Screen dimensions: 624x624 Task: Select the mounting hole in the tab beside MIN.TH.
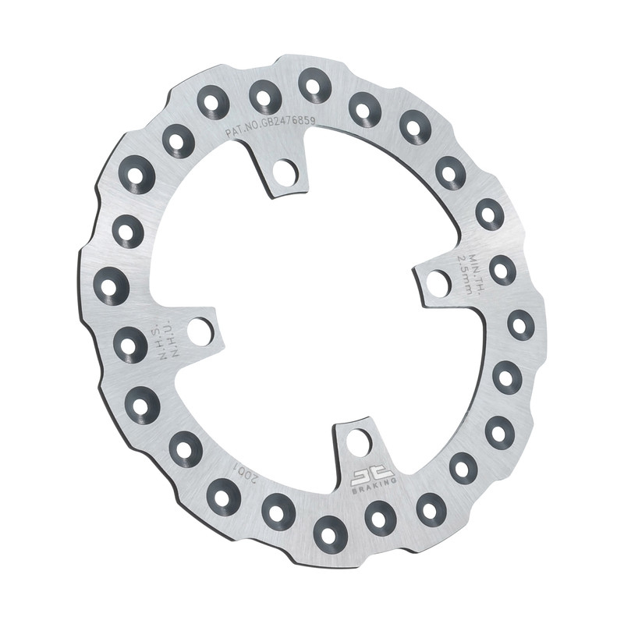[x=438, y=283]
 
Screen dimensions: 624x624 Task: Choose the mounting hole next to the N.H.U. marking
[x=200, y=331]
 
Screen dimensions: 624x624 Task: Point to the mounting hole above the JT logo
[x=358, y=442]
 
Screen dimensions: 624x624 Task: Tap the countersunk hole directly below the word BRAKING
[x=380, y=516]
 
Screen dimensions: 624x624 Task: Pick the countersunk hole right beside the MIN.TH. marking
[x=502, y=269]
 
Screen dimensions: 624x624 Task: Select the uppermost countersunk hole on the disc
[x=314, y=84]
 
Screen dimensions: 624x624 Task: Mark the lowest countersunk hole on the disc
[x=329, y=534]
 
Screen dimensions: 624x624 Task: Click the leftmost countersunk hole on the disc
[x=110, y=286]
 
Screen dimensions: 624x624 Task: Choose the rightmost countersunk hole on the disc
[x=520, y=324]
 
